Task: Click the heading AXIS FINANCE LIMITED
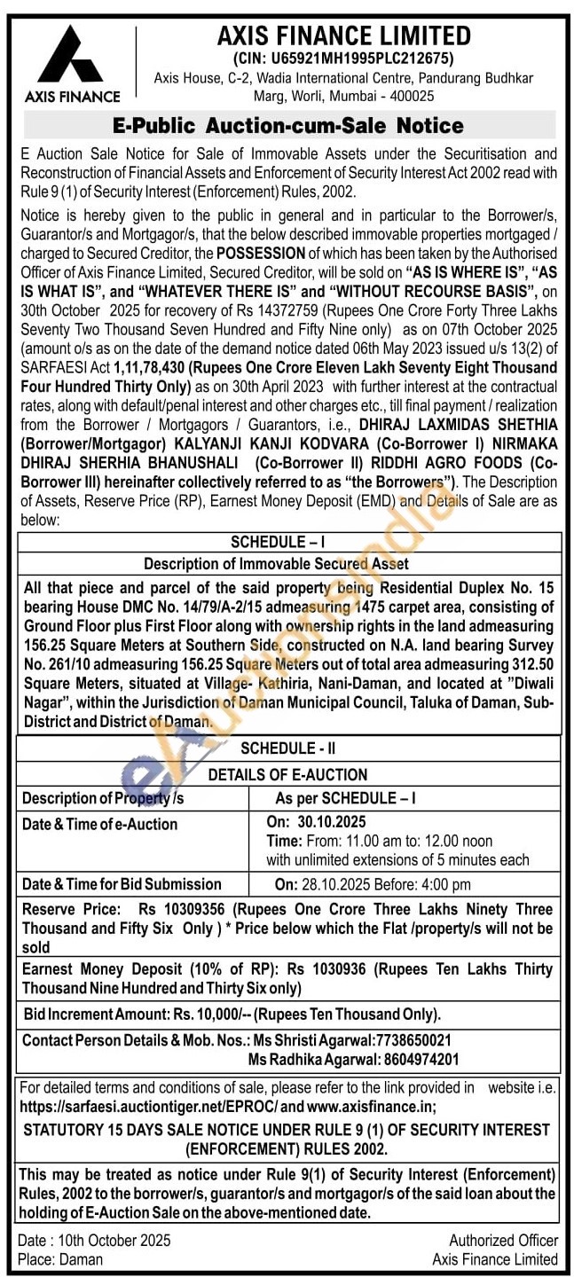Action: (344, 36)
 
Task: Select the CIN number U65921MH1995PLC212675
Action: (355, 59)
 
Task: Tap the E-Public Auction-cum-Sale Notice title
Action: (289, 125)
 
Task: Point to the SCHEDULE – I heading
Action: (289, 542)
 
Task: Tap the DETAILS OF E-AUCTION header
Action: (287, 774)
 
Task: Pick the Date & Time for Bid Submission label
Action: (122, 884)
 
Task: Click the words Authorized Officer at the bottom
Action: (503, 1241)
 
